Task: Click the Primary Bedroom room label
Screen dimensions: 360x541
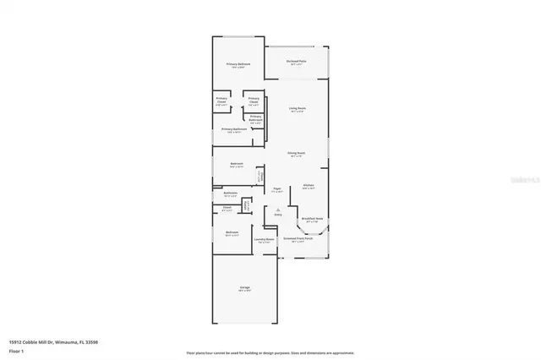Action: click(x=238, y=65)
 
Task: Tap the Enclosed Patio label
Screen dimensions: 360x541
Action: click(x=296, y=61)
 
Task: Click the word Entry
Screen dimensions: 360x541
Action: click(x=277, y=215)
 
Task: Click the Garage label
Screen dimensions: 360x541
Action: click(x=244, y=288)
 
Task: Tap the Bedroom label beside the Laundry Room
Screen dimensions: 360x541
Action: click(x=232, y=232)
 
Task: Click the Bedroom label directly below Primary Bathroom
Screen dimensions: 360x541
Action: click(x=237, y=163)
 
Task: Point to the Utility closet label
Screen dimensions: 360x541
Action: click(x=246, y=205)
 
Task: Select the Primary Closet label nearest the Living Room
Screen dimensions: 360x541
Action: click(x=253, y=103)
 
